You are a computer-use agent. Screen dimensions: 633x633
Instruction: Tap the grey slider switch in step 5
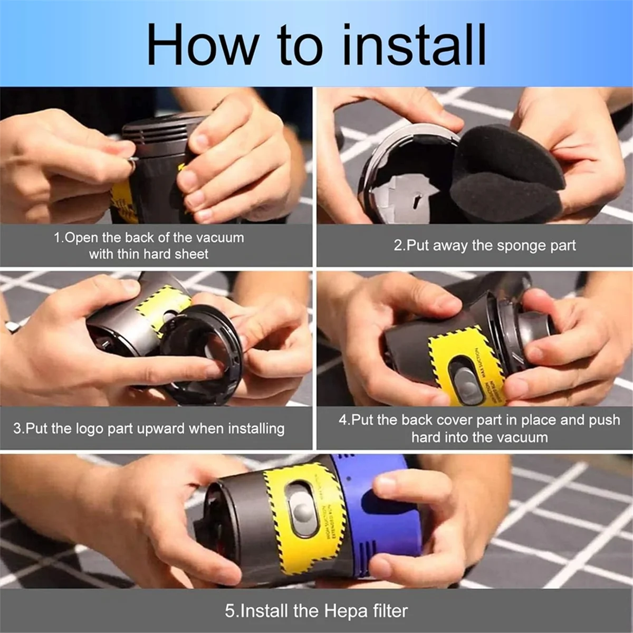pyautogui.click(x=302, y=509)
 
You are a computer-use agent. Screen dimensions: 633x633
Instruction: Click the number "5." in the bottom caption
pyautogui.click(x=232, y=611)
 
